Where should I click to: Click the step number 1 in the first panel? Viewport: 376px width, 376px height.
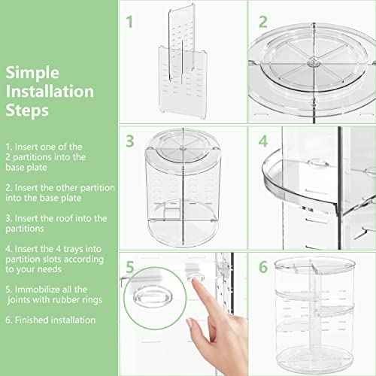pyautogui.click(x=130, y=22)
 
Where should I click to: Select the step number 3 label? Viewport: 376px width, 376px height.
pyautogui.click(x=130, y=141)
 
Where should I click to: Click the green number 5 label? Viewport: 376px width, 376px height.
pyautogui.click(x=130, y=266)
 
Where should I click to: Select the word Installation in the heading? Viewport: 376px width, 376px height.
pyautogui.click(x=50, y=92)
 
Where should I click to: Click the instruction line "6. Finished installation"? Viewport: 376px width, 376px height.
pyautogui.click(x=50, y=320)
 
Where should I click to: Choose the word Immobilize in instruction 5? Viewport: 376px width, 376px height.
pyautogui.click(x=40, y=289)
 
